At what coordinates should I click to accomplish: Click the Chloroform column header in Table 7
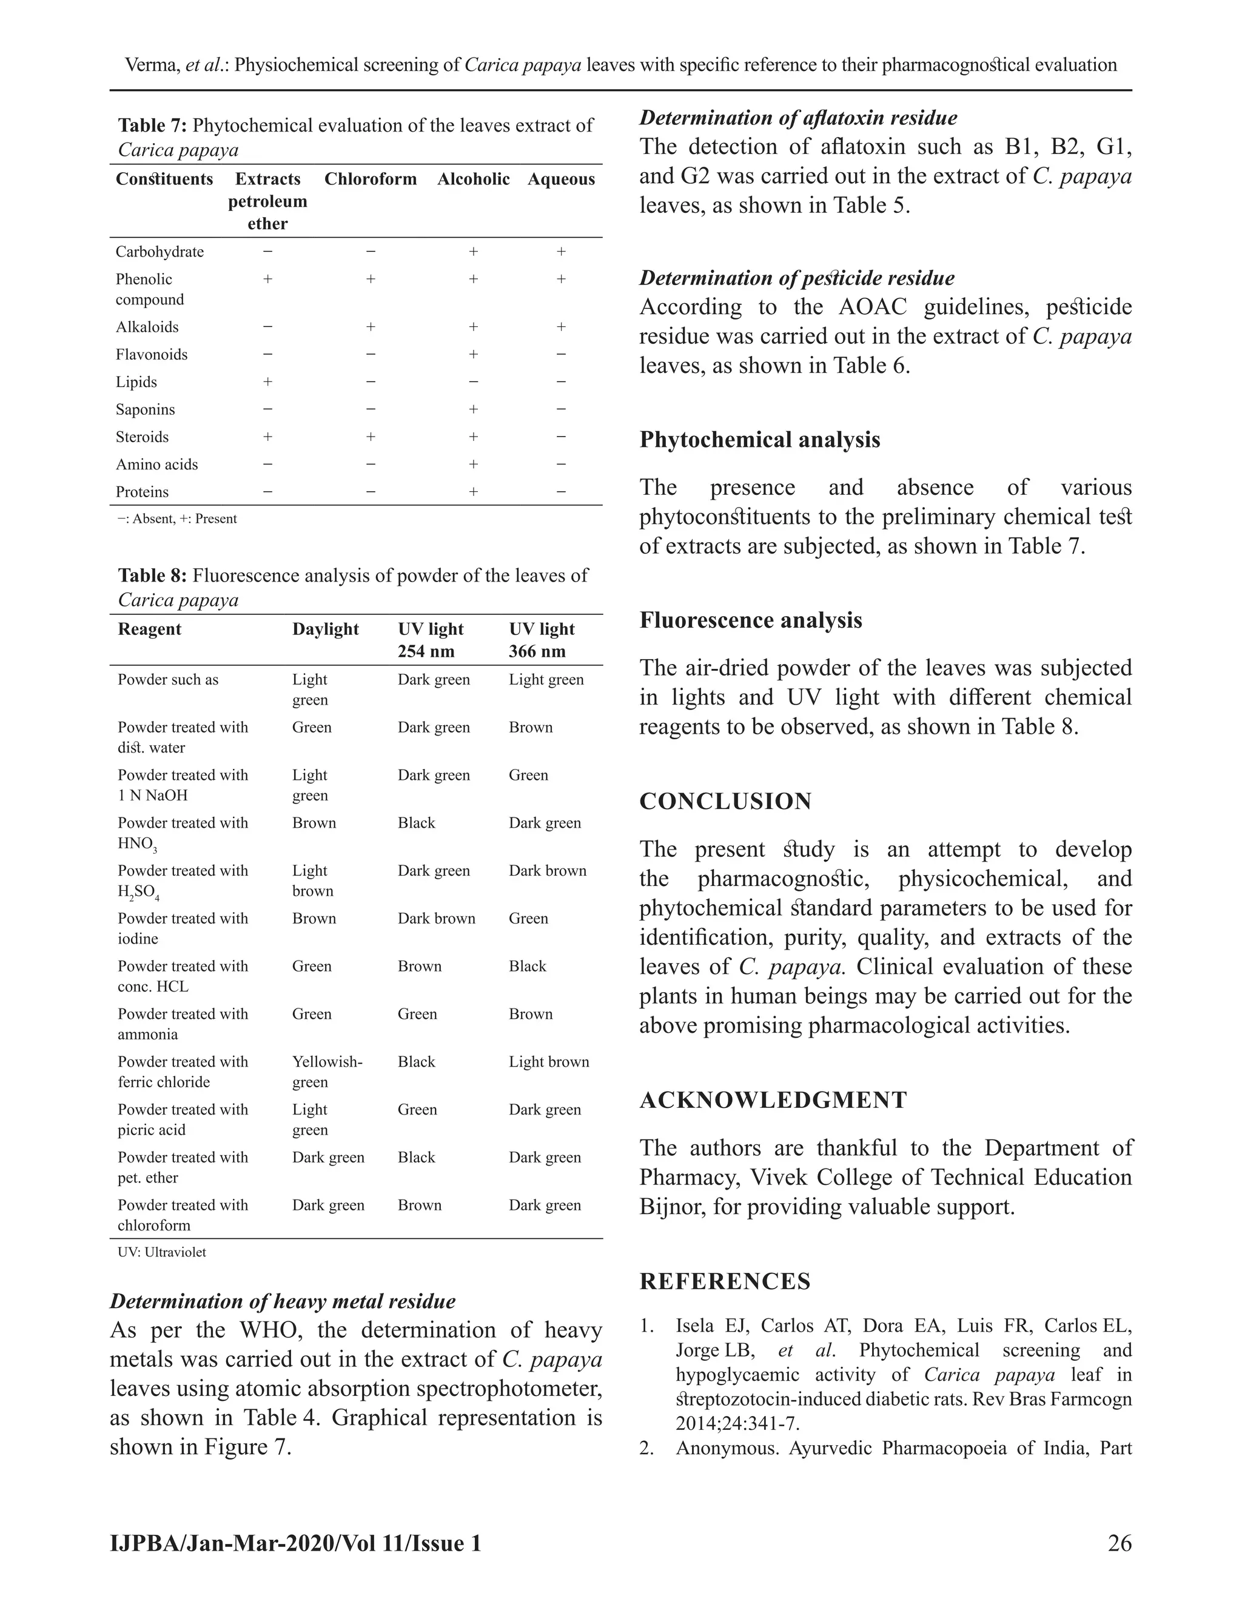[x=370, y=179]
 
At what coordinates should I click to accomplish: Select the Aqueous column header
[x=561, y=179]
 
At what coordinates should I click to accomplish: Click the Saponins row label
[x=145, y=409]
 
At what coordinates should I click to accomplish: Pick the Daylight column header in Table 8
[x=325, y=629]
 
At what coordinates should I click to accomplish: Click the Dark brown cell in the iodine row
[x=436, y=918]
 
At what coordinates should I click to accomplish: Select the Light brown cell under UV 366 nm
[x=549, y=1062]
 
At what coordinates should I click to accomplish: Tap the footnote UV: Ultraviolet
[x=162, y=1252]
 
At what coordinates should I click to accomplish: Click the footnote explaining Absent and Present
[x=176, y=518]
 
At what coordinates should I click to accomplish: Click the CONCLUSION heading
[x=725, y=801]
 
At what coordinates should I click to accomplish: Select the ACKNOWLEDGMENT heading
[x=773, y=1100]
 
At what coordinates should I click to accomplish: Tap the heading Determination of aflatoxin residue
[x=798, y=118]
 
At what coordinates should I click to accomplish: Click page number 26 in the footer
[x=1119, y=1543]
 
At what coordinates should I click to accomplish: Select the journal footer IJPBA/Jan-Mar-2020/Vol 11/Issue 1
[x=295, y=1543]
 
